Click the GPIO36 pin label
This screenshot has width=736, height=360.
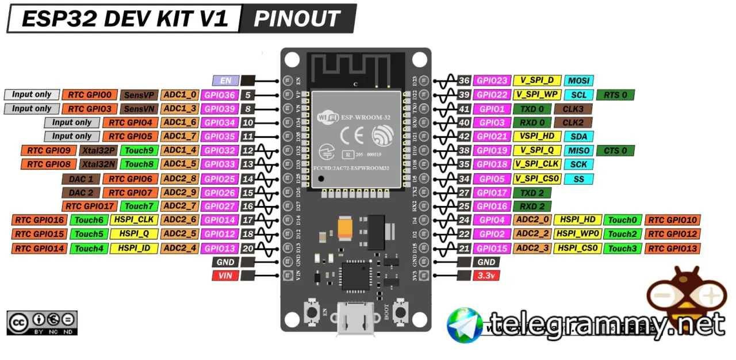pyautogui.click(x=220, y=95)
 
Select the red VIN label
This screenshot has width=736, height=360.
pyautogui.click(x=225, y=276)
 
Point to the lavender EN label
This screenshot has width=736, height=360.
pyautogui.click(x=225, y=81)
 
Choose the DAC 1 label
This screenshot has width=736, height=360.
pyautogui.click(x=80, y=179)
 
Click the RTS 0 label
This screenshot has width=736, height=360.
pyautogui.click(x=616, y=95)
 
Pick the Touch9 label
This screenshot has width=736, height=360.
pyautogui.click(x=139, y=151)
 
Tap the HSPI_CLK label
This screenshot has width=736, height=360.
pyautogui.click(x=133, y=220)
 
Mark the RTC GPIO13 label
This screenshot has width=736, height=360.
pyautogui.click(x=673, y=248)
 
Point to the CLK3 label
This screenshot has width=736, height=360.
pyautogui.click(x=573, y=109)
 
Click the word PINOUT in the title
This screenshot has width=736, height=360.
pyautogui.click(x=297, y=19)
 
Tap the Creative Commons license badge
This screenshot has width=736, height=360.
pyautogui.click(x=42, y=323)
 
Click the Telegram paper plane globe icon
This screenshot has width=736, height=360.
pyautogui.click(x=465, y=325)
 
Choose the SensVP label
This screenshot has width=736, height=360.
pyautogui.click(x=139, y=95)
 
